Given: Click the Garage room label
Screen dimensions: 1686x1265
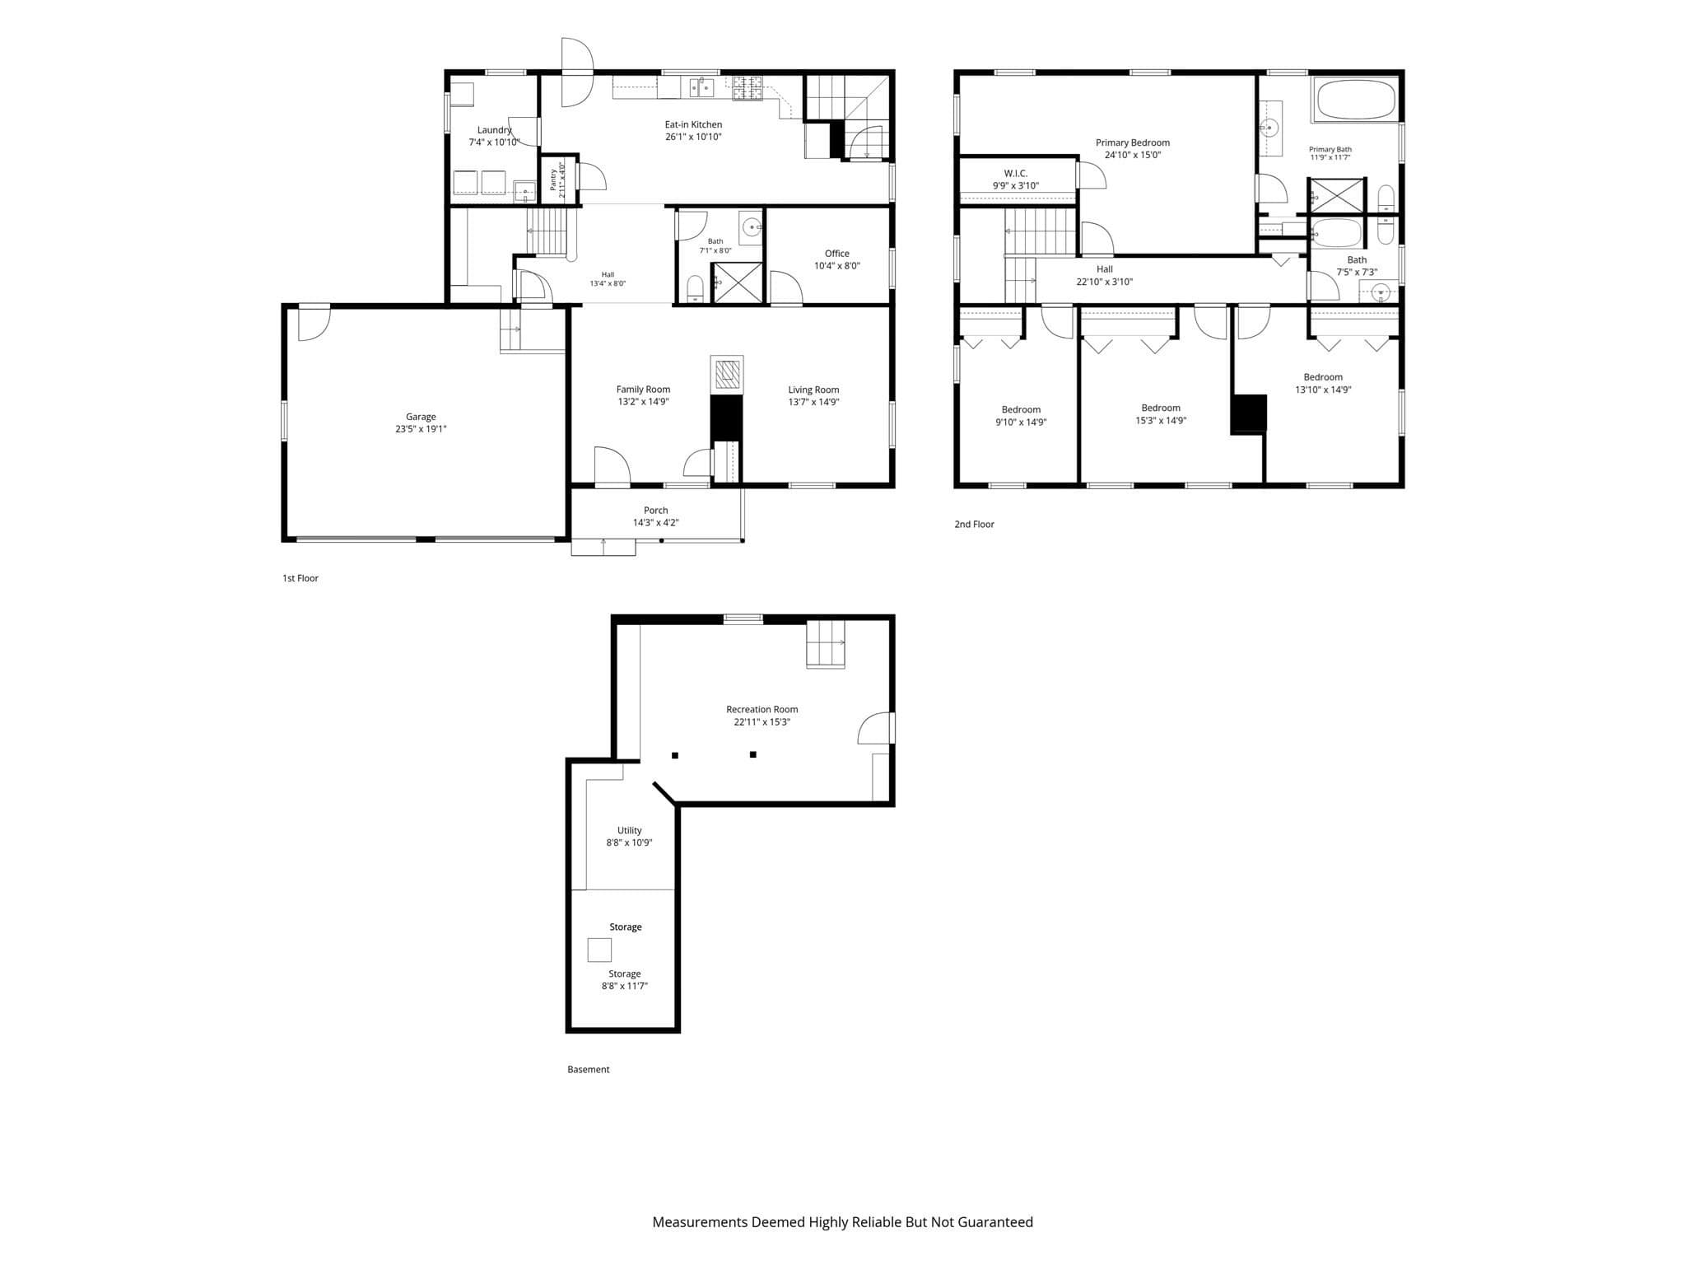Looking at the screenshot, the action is point(421,417).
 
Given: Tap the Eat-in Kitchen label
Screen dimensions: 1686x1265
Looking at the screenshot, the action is point(693,125).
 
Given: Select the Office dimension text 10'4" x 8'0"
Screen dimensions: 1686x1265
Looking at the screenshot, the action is point(837,266).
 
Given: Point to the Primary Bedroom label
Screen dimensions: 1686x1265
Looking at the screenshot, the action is point(1133,143).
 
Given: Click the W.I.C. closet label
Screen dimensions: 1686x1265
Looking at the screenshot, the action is point(1015,174).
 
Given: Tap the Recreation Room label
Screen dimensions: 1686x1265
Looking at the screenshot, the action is point(762,710).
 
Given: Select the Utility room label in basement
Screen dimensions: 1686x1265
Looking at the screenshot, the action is point(630,831).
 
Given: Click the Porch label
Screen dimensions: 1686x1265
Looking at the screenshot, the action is point(656,511).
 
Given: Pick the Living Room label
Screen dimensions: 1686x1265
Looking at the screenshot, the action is point(813,390).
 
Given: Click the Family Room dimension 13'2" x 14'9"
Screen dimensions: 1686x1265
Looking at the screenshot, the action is point(643,403).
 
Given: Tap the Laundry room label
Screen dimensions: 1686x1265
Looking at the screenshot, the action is point(495,130).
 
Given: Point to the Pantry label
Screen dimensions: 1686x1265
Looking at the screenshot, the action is point(553,180).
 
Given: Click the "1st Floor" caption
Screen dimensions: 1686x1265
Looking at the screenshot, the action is point(300,578).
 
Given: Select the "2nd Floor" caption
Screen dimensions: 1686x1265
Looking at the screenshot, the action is point(975,525).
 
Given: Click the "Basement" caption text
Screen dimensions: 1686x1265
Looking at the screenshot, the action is point(589,1070).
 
